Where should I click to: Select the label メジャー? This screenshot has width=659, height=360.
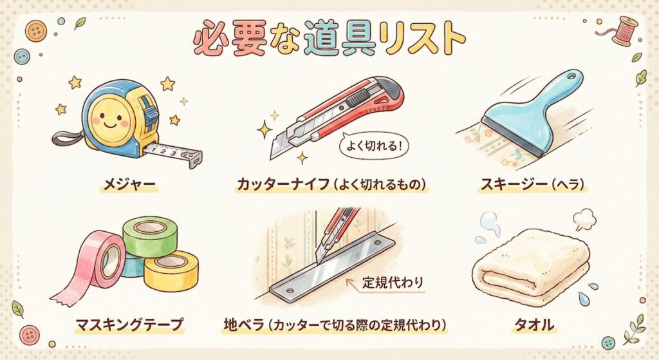pyautogui.click(x=129, y=184)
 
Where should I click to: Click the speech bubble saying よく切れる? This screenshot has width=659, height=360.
pyautogui.click(x=373, y=146)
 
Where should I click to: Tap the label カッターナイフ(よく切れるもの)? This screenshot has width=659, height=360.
pyautogui.click(x=331, y=184)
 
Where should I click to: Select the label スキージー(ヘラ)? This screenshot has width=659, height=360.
pyautogui.click(x=532, y=184)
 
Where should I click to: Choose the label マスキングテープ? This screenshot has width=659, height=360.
pyautogui.click(x=129, y=325)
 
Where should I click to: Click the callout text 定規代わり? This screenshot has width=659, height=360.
pyautogui.click(x=393, y=282)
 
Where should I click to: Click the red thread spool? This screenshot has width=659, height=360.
pyautogui.click(x=623, y=31)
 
